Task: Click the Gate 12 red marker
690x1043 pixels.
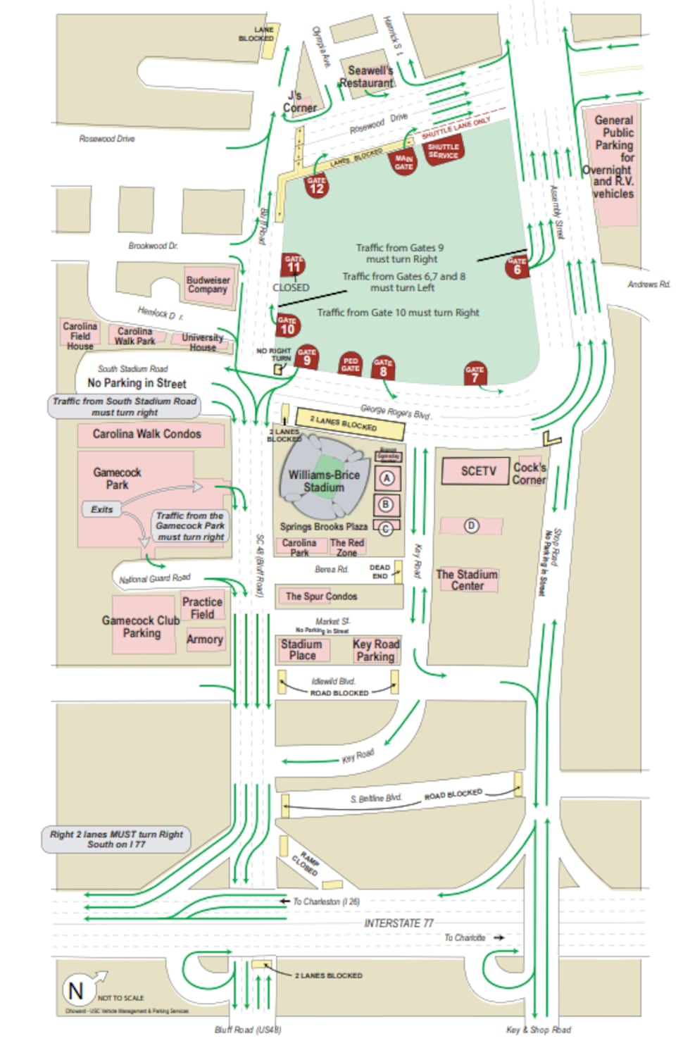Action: [317, 186]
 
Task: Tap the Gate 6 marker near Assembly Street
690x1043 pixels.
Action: [517, 266]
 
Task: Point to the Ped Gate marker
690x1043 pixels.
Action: [350, 364]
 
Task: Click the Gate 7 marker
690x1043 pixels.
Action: [475, 374]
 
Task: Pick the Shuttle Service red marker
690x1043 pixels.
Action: [443, 151]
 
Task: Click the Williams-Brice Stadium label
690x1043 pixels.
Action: [324, 481]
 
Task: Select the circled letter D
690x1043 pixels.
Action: [471, 525]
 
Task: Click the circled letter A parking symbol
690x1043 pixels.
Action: [386, 479]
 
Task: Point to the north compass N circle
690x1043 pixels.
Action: [75, 990]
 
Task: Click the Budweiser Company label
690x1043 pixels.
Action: [208, 285]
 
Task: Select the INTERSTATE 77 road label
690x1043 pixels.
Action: [399, 923]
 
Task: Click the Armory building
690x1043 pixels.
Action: [205, 639]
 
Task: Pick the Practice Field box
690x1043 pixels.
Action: [202, 608]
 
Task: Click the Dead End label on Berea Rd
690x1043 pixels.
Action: [379, 571]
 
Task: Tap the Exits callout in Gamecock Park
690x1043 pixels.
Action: [102, 509]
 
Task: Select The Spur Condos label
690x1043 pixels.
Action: [321, 597]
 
